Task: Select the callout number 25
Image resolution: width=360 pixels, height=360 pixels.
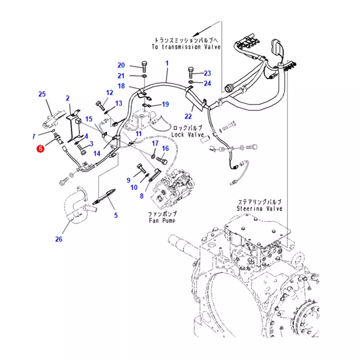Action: coord(42,94)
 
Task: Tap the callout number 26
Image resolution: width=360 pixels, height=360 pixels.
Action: coord(58,239)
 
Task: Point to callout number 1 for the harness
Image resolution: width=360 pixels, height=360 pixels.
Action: coord(167,63)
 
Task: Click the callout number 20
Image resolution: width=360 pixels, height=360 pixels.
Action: coord(121,65)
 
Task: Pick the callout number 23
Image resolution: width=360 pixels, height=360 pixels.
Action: coord(207,73)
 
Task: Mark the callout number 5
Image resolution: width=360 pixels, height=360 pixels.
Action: coord(115,216)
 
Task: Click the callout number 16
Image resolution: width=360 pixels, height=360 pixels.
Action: coord(165,148)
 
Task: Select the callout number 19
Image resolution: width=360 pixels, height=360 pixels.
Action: coord(165,104)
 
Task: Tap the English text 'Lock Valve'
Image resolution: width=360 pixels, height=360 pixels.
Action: coord(187,134)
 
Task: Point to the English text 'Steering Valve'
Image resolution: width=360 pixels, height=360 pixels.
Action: coord(259,208)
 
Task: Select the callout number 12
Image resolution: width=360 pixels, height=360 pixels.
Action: coord(109,92)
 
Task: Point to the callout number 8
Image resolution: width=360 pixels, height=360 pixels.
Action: coord(141,195)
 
